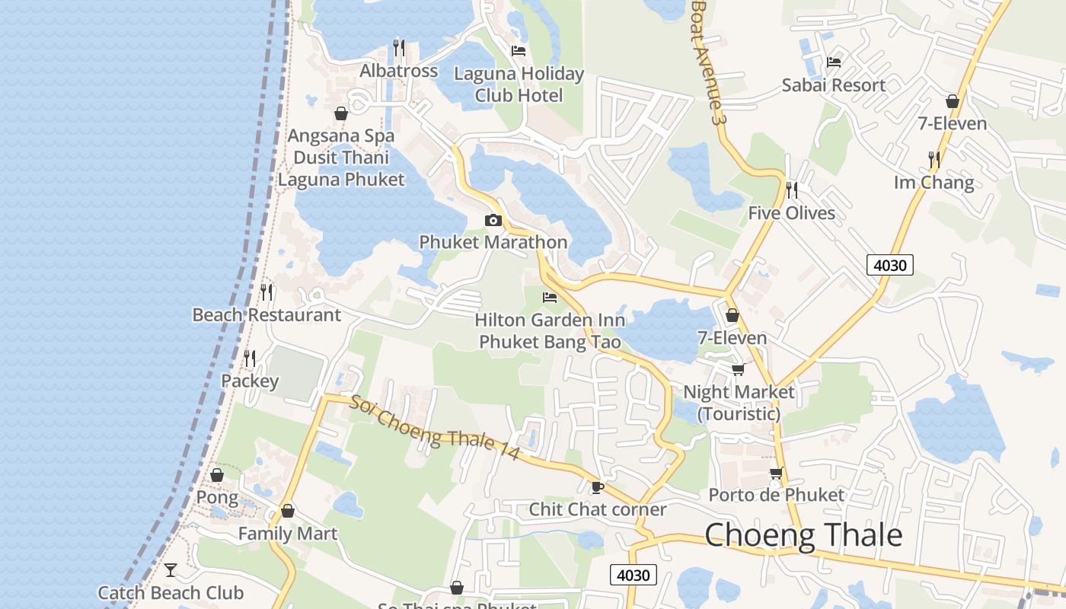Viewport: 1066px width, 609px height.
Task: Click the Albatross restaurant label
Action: click(x=399, y=71)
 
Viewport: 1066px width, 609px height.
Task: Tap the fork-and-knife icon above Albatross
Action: click(x=399, y=48)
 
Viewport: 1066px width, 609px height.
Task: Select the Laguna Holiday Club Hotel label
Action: click(x=519, y=84)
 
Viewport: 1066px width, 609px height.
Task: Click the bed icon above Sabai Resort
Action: click(x=834, y=62)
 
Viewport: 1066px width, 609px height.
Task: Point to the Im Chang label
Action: click(x=934, y=183)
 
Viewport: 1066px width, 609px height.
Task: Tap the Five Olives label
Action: click(x=791, y=213)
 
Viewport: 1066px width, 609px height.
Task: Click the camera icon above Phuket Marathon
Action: click(x=493, y=221)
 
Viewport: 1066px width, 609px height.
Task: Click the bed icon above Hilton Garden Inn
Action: click(x=550, y=298)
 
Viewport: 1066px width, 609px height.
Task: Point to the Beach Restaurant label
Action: click(x=266, y=315)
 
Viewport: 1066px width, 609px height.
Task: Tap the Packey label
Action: click(x=250, y=381)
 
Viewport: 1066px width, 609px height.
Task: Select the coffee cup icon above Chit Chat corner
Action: click(x=598, y=487)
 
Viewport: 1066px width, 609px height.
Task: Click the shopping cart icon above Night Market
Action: click(x=738, y=370)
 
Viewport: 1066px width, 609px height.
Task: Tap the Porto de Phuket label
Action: click(x=776, y=495)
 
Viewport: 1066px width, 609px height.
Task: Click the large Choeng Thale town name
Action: click(x=803, y=536)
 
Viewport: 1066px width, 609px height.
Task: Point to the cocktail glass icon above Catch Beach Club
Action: click(x=171, y=569)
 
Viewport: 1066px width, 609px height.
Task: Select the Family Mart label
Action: click(x=287, y=534)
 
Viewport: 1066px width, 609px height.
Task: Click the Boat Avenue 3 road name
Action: click(x=706, y=61)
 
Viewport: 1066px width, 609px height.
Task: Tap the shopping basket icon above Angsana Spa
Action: click(x=341, y=113)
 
